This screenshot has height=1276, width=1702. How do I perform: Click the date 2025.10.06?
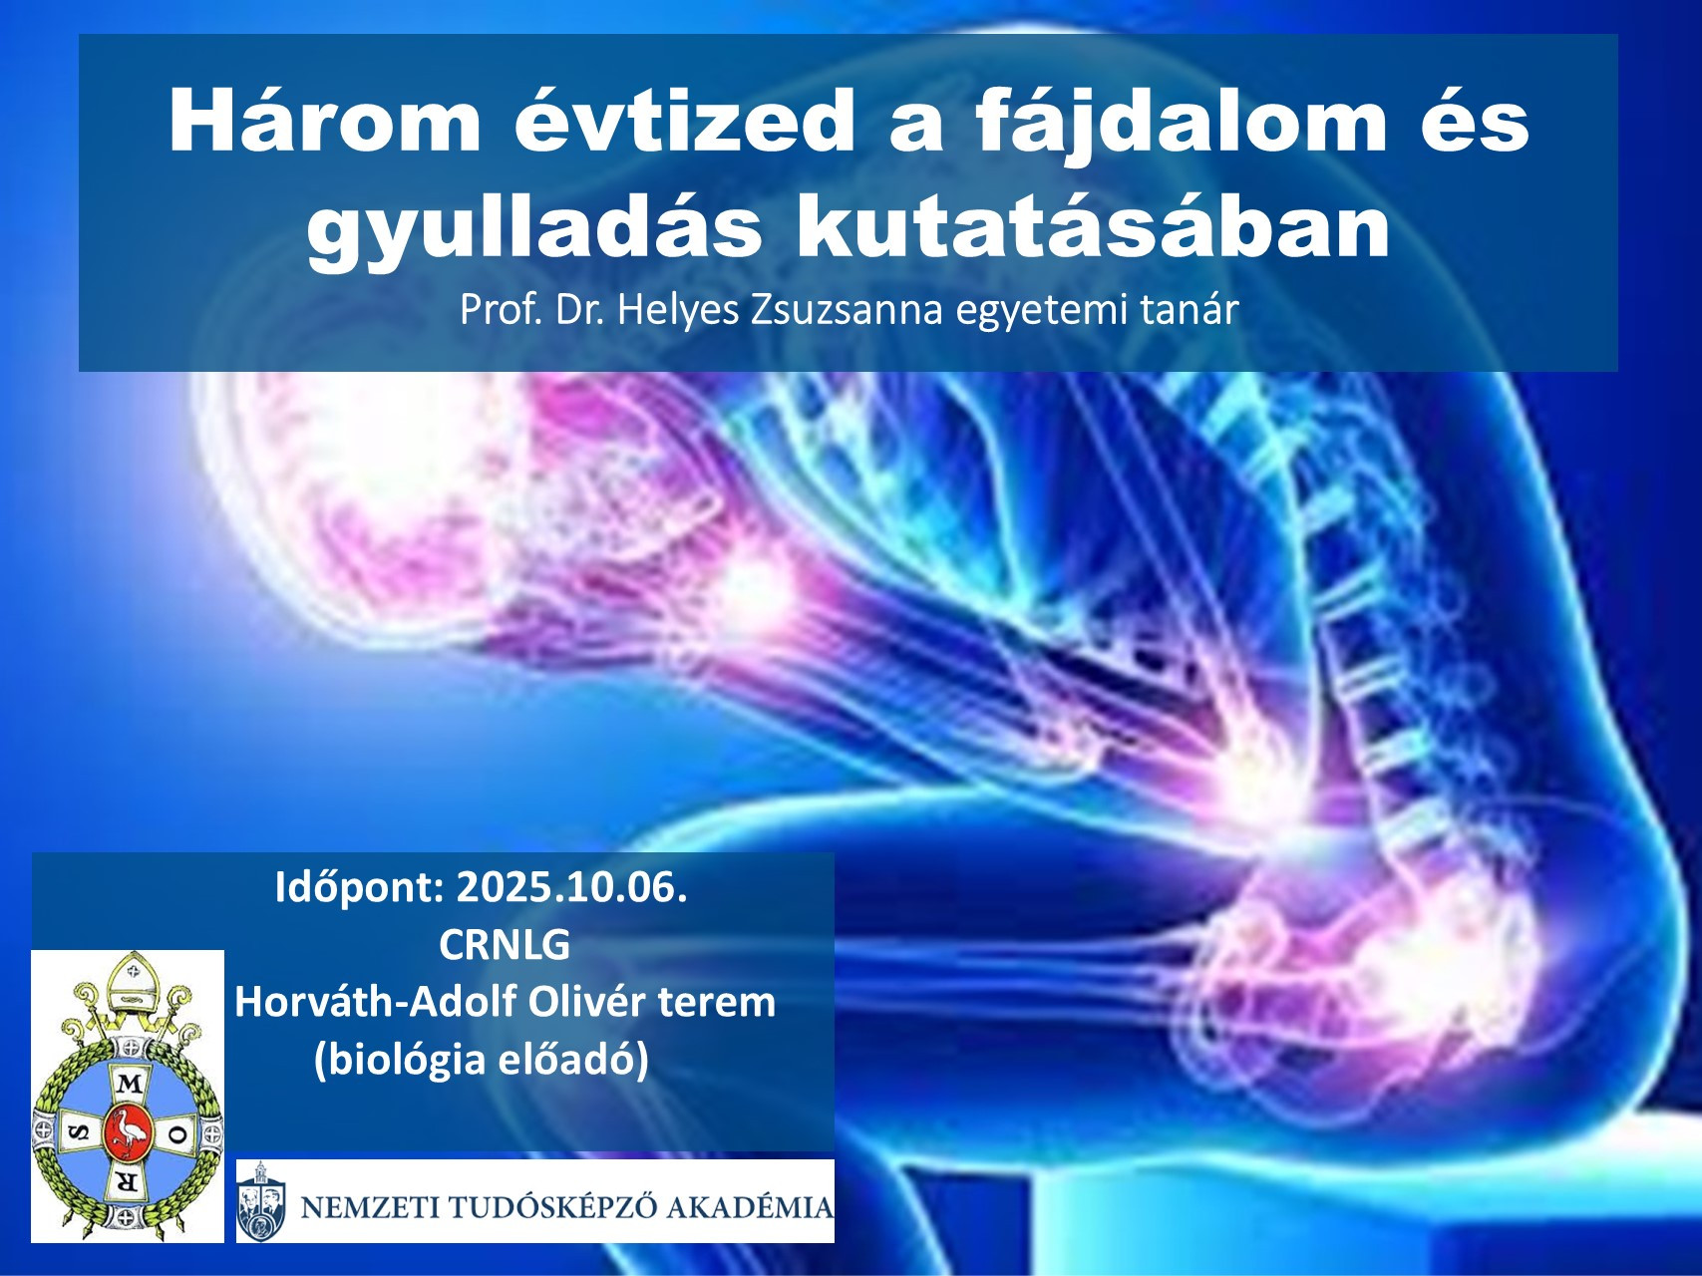pyautogui.click(x=571, y=886)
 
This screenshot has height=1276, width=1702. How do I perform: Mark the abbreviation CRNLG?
pyautogui.click(x=505, y=944)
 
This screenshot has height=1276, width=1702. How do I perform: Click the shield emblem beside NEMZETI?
pyautogui.click(x=261, y=1200)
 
